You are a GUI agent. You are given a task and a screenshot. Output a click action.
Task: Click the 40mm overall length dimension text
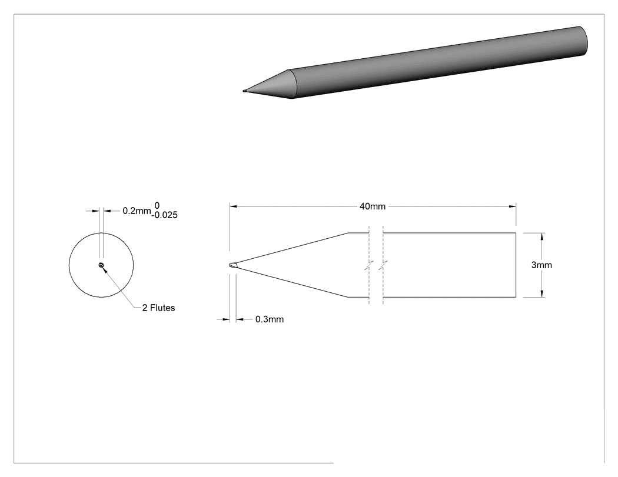pos(373,206)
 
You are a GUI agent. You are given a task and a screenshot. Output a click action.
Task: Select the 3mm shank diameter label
pos(541,265)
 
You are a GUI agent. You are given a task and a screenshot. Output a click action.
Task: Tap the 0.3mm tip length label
pos(270,319)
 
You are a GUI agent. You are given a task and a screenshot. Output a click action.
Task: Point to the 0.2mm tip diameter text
pos(137,211)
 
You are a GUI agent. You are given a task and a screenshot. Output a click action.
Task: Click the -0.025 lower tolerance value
pos(165,215)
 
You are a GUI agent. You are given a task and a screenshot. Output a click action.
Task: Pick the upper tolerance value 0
pos(157,206)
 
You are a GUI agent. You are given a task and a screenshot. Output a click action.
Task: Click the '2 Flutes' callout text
pos(158,308)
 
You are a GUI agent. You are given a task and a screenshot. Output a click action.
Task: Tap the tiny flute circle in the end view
pos(101,265)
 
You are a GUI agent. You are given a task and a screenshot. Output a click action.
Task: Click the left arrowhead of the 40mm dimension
pos(233,206)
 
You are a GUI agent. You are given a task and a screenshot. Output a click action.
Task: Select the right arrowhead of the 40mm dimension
pos(513,206)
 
